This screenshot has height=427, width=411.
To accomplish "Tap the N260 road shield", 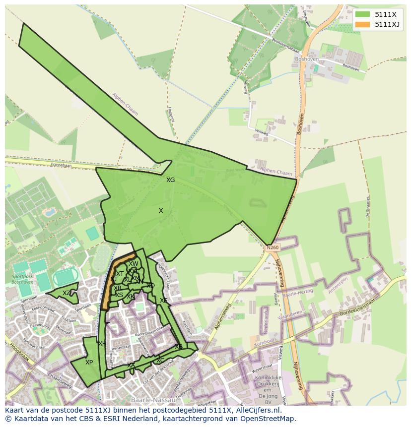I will click(273, 247).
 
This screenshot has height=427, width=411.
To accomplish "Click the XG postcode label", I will click(170, 180).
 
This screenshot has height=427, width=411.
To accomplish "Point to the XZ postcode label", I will click(67, 293).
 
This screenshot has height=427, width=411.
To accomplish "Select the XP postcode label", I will click(89, 363).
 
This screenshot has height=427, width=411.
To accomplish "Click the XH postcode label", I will click(102, 344).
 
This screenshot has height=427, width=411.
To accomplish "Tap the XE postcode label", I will click(163, 301).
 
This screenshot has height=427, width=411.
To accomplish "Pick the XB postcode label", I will click(178, 347).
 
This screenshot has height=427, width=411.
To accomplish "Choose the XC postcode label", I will click(160, 361).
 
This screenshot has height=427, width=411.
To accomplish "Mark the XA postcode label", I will click(131, 366).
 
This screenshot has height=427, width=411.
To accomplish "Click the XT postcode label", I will click(120, 274).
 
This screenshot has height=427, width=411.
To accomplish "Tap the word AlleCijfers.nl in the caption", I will click(258, 410).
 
